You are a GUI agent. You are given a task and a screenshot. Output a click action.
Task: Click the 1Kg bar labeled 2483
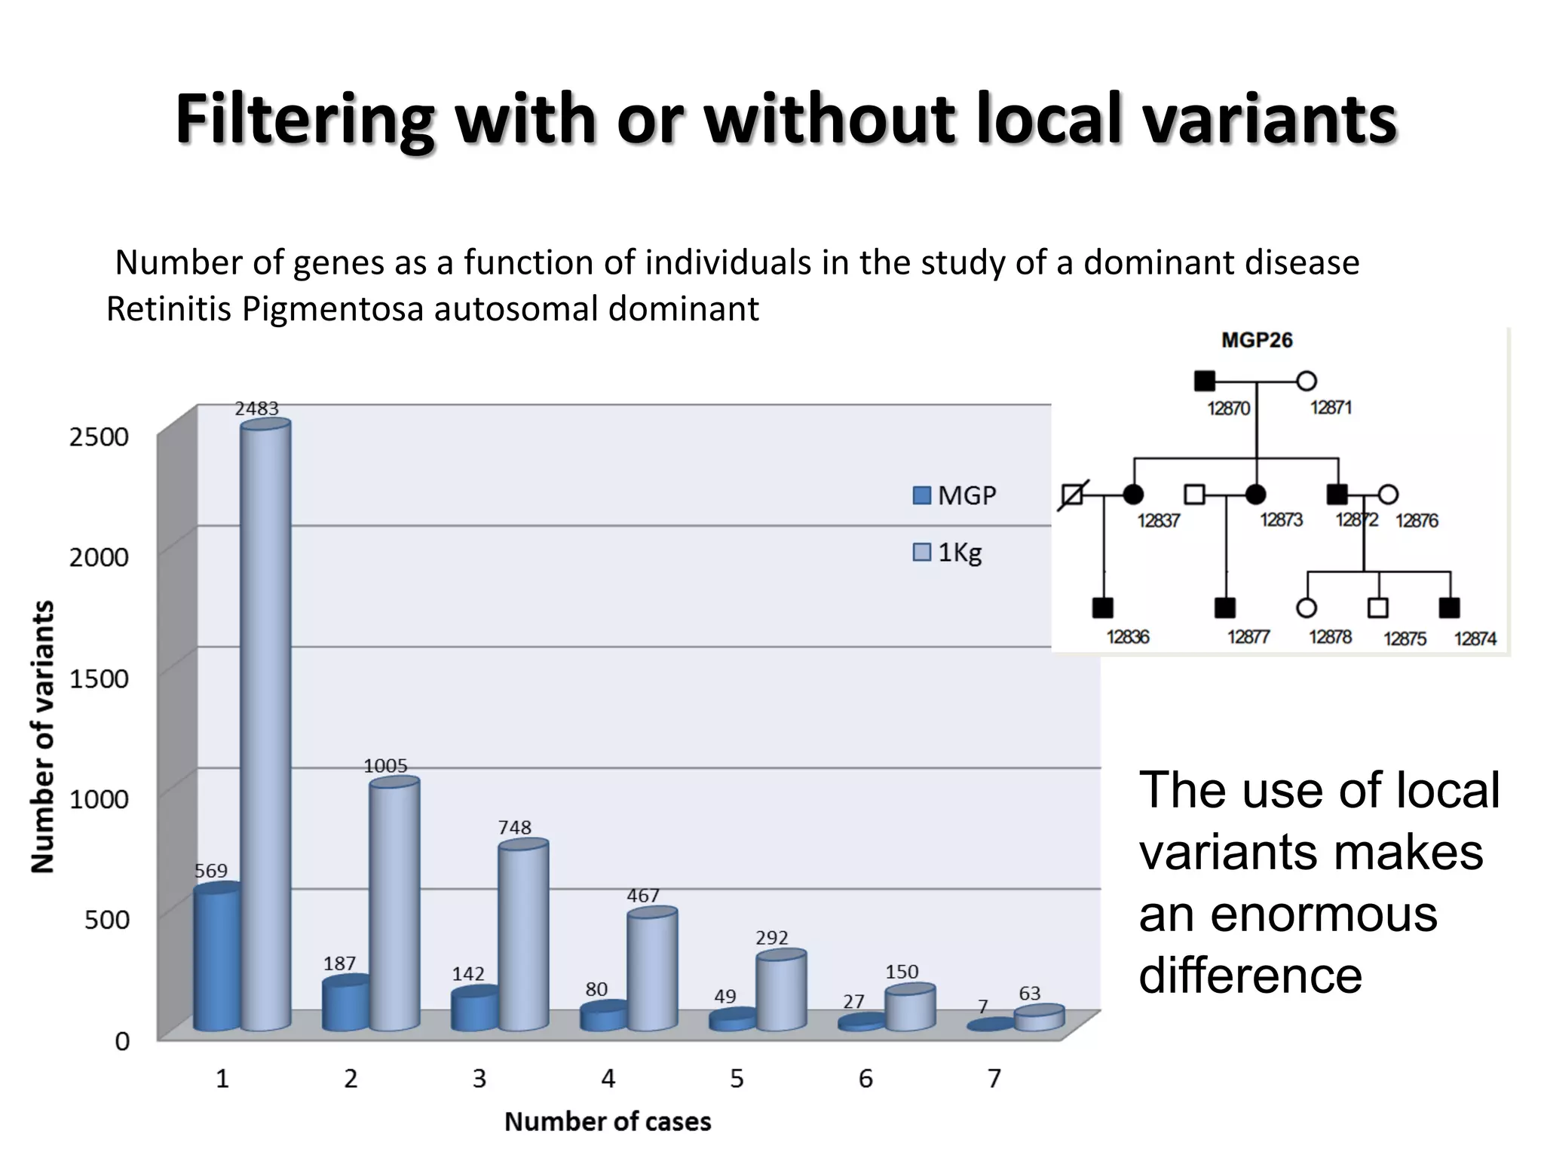pos(265,724)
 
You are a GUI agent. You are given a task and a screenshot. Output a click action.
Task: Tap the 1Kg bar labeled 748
pos(523,935)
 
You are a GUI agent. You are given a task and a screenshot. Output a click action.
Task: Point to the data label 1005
pos(385,767)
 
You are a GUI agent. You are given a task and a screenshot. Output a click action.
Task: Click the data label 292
pos(772,938)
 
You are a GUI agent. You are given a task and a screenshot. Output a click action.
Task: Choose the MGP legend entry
pos(954,495)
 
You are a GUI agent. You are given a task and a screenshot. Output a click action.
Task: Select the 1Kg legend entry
pos(948,553)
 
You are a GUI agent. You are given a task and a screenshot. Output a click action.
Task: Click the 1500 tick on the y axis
pos(99,679)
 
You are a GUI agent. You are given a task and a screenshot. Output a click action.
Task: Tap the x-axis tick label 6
pos(865,1079)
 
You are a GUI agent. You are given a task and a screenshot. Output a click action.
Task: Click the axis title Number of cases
pos(608,1122)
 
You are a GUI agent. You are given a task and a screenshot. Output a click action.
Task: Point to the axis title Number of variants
pos(43,737)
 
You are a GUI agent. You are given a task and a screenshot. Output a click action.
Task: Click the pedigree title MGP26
pos(1257,340)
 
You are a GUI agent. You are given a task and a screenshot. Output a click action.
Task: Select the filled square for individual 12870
pos(1205,381)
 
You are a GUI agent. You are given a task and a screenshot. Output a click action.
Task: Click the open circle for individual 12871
pos(1307,381)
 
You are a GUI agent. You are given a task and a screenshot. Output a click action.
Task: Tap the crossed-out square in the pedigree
pos(1072,495)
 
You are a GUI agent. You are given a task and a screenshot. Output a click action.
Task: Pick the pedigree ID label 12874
pos(1475,639)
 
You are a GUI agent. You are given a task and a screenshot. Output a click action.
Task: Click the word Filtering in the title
pos(305,119)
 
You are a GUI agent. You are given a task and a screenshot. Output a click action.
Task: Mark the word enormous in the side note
pos(1288,914)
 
